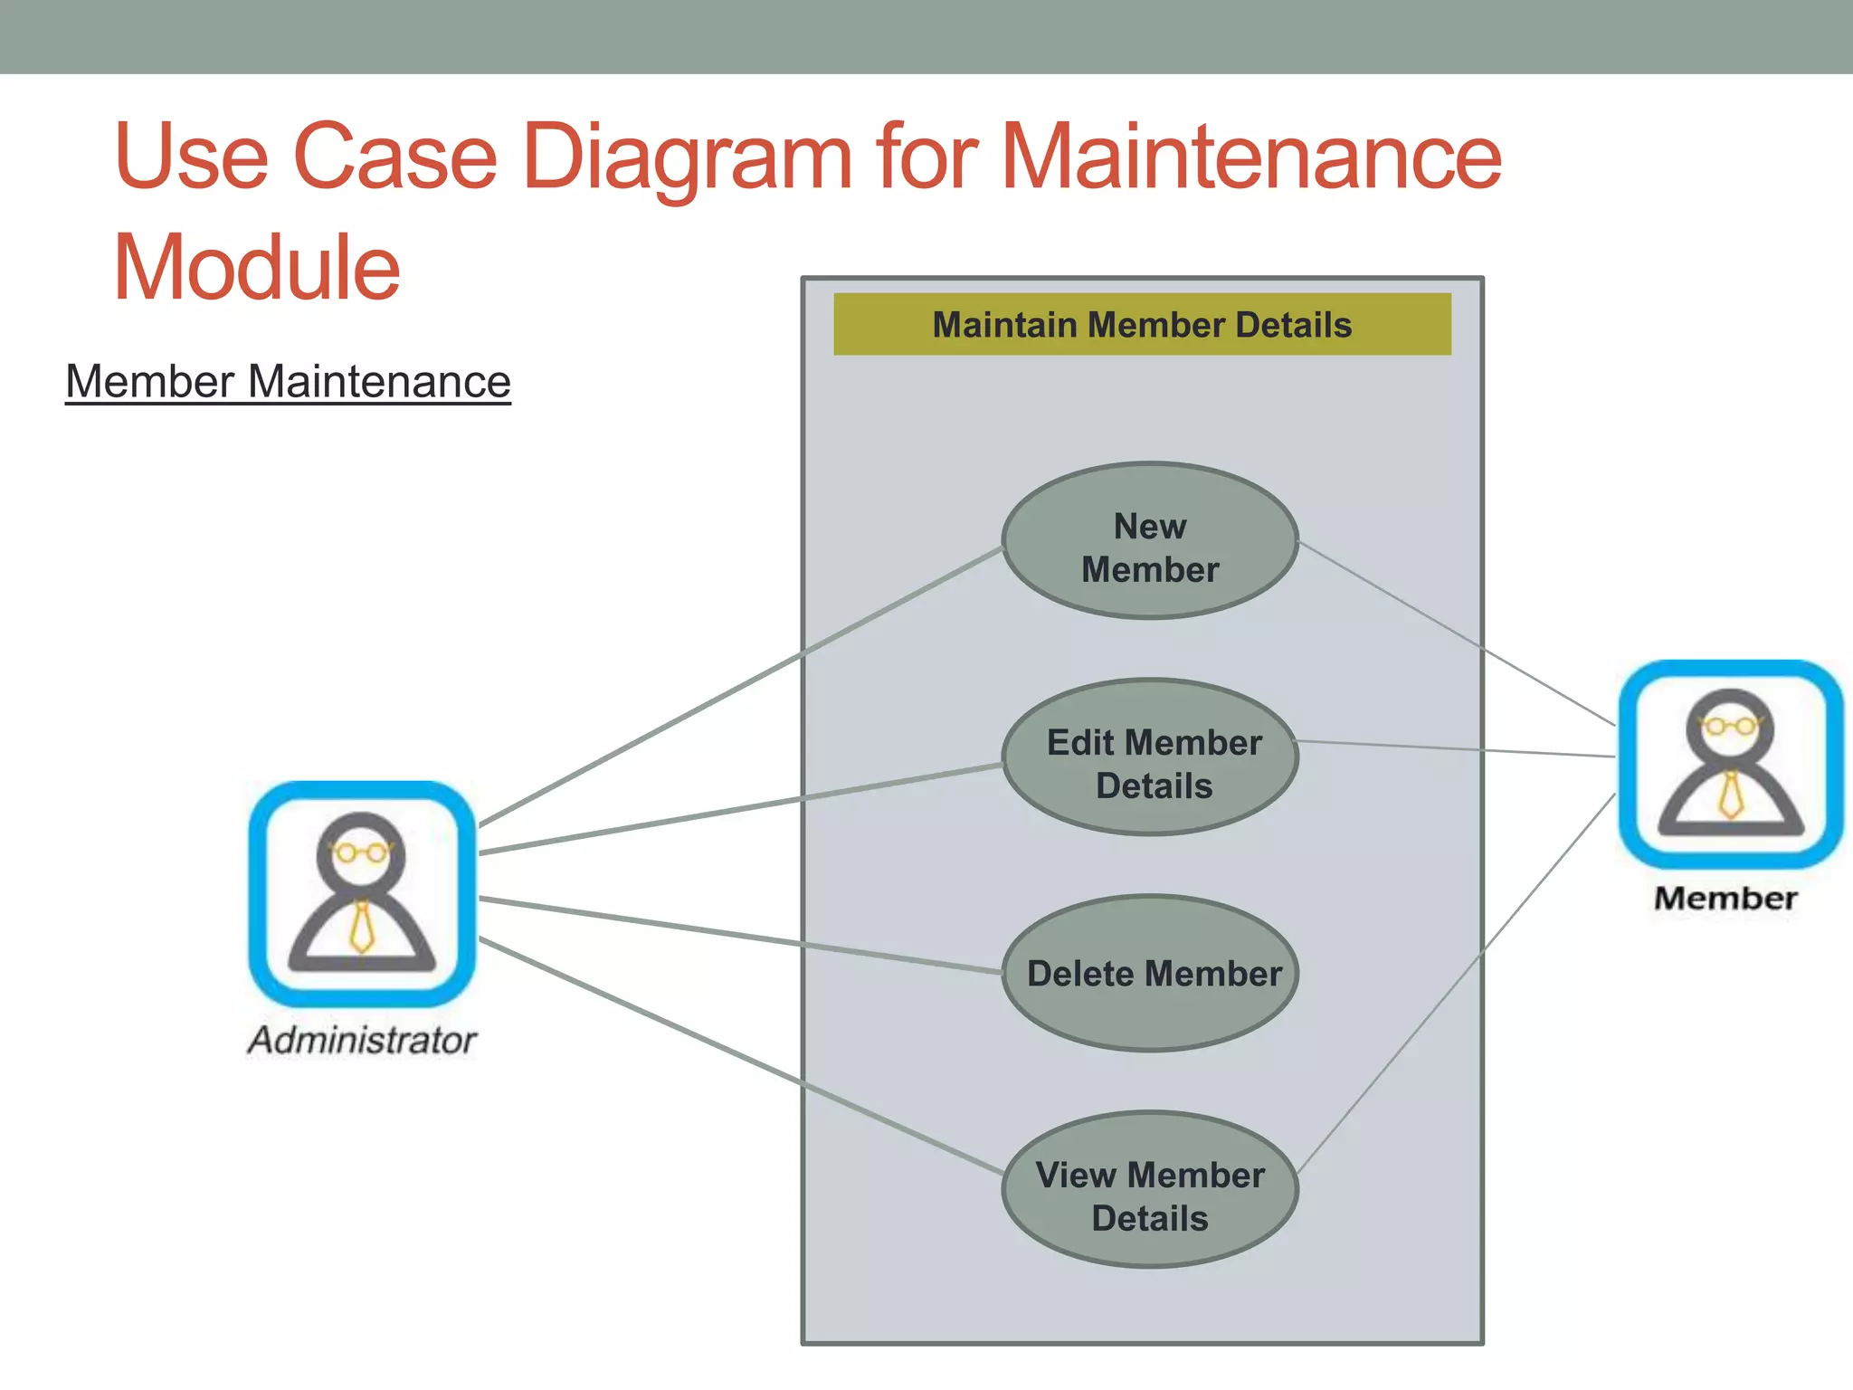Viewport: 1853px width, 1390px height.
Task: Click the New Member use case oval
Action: point(1150,542)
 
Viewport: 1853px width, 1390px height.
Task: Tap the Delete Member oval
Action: point(1151,974)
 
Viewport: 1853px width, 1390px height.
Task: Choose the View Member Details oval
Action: point(1151,1190)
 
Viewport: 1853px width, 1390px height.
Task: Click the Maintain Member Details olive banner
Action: point(1142,325)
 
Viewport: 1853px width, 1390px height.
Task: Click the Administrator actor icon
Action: point(362,894)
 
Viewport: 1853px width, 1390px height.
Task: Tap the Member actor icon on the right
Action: point(1730,765)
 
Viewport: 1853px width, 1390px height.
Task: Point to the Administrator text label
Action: point(362,1041)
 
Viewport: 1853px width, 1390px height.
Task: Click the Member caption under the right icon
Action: point(1725,899)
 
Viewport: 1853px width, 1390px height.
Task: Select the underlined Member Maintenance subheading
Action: point(288,382)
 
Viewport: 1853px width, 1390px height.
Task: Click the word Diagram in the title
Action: point(688,158)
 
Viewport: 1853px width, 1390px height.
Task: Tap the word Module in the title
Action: point(257,268)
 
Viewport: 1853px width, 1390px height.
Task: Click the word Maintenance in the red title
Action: point(1250,158)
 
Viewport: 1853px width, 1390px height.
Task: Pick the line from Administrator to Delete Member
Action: point(724,933)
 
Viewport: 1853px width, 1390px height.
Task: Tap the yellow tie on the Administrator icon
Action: point(362,927)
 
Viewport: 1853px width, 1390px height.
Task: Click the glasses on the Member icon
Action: point(1730,726)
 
